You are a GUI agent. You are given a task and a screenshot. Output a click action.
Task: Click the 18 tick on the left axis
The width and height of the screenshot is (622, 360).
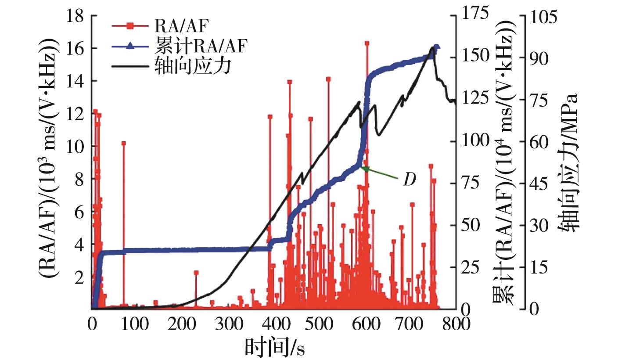tap(76, 16)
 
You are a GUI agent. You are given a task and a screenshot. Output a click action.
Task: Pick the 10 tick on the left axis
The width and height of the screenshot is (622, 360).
tap(76, 146)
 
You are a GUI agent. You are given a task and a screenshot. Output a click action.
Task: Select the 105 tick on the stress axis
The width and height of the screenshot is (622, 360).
tap(543, 16)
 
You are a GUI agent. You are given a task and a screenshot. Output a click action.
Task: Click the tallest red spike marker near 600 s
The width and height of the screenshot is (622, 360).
tap(367, 43)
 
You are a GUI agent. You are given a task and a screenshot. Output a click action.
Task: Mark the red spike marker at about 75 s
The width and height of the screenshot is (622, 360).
tap(124, 143)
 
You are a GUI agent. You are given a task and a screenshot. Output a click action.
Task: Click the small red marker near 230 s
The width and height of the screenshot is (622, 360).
tap(196, 273)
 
